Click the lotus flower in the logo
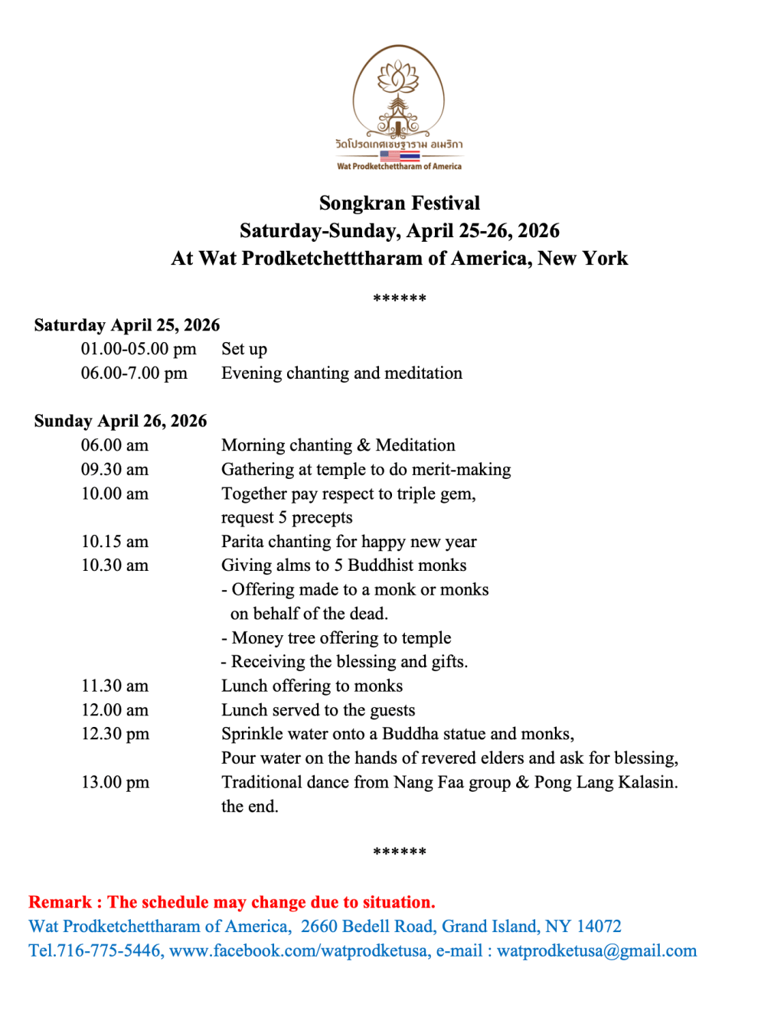(x=398, y=77)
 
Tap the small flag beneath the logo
(x=400, y=155)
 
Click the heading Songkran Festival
(x=399, y=204)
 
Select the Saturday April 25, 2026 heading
(x=127, y=325)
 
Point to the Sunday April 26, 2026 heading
(x=120, y=421)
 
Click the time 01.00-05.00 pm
(x=139, y=350)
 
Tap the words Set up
(x=244, y=350)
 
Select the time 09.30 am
(x=115, y=470)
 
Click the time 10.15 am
(x=115, y=542)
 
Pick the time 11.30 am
(x=115, y=686)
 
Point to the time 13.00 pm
(x=116, y=783)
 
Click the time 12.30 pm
(x=116, y=735)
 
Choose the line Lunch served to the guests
(x=318, y=711)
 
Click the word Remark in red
(x=60, y=903)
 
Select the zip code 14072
(x=599, y=927)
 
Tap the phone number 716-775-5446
(x=109, y=951)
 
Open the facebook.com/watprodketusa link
(x=299, y=951)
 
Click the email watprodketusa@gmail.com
(x=596, y=951)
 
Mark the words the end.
(x=250, y=807)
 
